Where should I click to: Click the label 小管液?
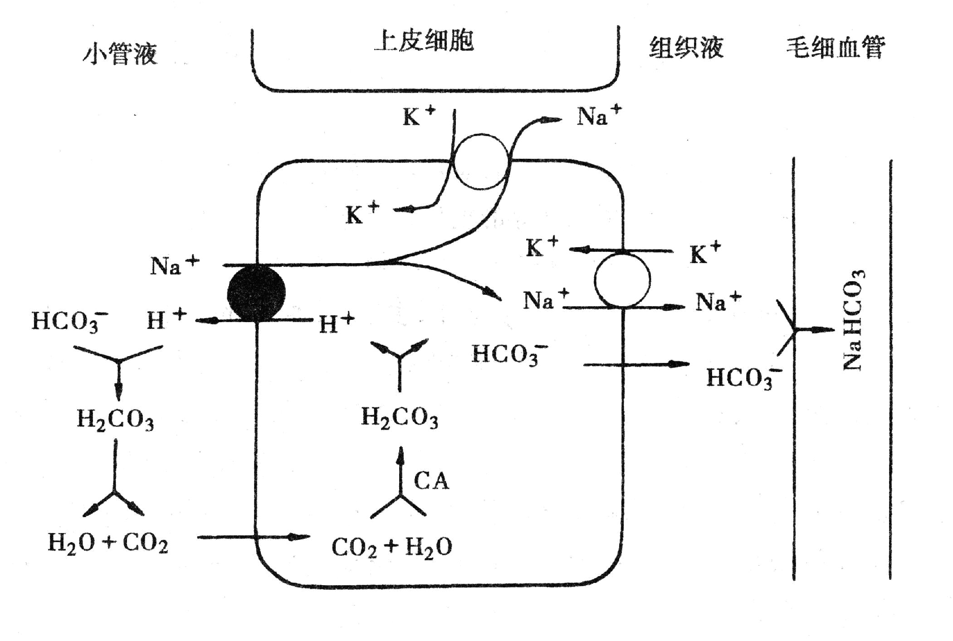[120, 54]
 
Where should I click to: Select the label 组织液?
[686, 47]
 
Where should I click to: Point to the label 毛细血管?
[835, 47]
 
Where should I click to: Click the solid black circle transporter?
[256, 293]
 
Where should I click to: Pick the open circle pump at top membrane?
[481, 161]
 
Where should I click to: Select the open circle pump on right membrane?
[622, 280]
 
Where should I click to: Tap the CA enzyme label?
[431, 481]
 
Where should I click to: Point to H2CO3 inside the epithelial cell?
[400, 417]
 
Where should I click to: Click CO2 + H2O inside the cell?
[392, 547]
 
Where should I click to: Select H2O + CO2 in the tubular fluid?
[108, 543]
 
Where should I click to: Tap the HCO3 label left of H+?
[69, 321]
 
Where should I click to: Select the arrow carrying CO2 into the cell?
[254, 537]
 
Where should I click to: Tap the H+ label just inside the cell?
[336, 323]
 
